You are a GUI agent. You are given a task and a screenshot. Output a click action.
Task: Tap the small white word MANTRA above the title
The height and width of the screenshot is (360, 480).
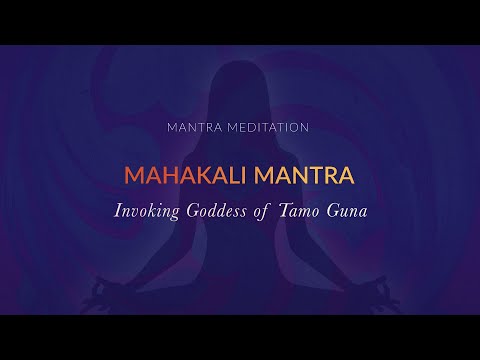(198, 128)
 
